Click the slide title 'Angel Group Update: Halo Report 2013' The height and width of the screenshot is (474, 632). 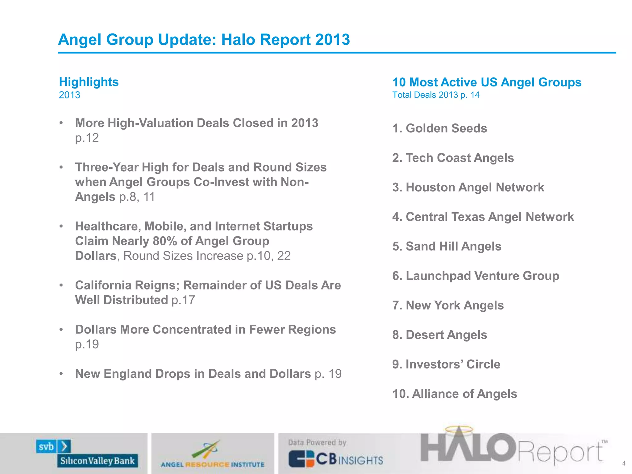204,39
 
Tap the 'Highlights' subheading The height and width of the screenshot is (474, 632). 89,82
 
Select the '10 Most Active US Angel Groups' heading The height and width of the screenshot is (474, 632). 487,82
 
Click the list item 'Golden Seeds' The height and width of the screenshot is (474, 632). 440,128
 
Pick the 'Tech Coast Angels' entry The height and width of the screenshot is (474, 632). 453,158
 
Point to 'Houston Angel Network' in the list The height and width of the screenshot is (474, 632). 468,187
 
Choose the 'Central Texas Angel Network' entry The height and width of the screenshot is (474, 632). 483,217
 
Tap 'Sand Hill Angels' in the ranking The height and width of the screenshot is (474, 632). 447,246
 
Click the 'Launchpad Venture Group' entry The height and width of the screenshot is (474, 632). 476,276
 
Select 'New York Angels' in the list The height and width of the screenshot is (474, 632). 448,306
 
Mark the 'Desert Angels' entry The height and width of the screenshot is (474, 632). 440,335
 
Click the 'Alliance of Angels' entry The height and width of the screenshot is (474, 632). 455,394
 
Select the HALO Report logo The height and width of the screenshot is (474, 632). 512,447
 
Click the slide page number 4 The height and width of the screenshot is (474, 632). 624,464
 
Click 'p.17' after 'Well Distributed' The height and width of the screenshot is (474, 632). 183,300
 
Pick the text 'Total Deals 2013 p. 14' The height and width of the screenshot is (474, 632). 436,95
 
